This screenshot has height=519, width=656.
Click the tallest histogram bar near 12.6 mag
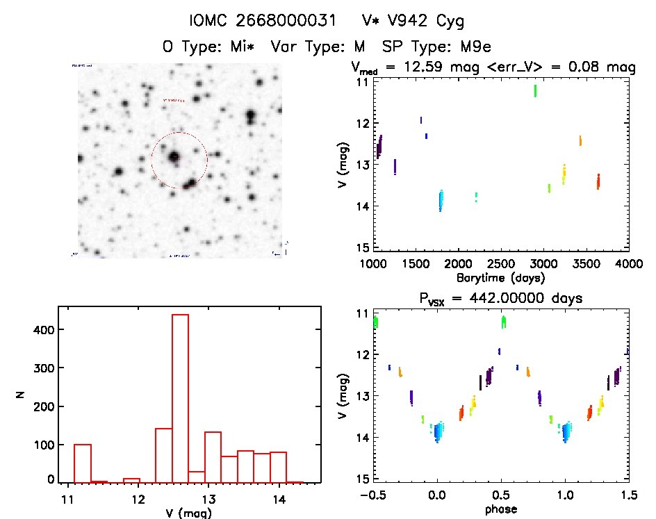pos(180,396)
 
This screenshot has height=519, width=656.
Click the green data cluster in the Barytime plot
pos(535,90)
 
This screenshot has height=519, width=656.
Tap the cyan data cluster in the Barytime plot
pos(441,201)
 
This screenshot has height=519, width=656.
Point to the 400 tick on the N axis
pos(42,329)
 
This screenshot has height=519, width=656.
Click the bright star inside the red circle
pos(173,156)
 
